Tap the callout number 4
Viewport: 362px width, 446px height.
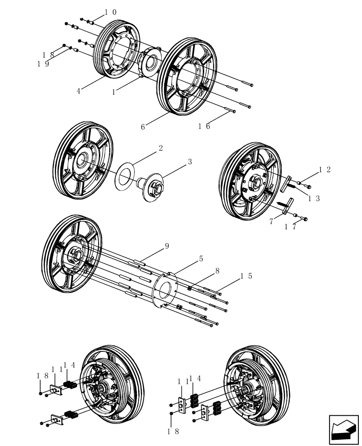(78, 91)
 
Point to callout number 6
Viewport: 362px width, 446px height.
(143, 127)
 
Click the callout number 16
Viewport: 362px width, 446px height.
(204, 126)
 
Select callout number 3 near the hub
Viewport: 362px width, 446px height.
(189, 161)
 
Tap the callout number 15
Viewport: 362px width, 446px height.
(247, 276)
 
